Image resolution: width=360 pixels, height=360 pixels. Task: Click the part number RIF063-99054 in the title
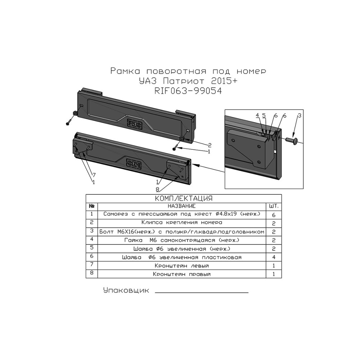[x=188, y=91]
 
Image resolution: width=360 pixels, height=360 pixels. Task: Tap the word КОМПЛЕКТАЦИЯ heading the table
[x=184, y=198]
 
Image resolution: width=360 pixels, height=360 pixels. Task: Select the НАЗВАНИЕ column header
[x=181, y=206]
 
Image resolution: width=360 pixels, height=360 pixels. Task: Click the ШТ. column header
[x=274, y=206]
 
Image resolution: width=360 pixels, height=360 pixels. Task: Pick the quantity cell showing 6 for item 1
[x=274, y=215]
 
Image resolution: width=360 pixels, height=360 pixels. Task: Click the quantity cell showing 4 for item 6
[x=274, y=257]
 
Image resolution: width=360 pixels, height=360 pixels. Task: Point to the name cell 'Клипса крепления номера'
[x=181, y=222]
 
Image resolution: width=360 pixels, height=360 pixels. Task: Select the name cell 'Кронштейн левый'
[x=181, y=266]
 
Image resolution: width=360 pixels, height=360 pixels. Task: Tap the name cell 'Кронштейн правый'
[x=181, y=274]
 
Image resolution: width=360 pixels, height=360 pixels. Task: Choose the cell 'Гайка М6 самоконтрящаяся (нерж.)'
[x=181, y=240]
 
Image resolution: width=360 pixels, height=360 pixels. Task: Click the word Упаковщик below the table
[x=126, y=291]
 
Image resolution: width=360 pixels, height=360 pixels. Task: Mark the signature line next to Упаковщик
[x=202, y=292]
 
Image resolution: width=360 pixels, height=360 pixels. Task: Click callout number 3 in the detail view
[x=299, y=116]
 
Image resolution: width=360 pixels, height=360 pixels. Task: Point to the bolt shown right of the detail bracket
[x=292, y=139]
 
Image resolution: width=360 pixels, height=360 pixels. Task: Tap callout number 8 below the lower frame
[x=157, y=190]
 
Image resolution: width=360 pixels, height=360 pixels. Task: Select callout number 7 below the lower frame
[x=94, y=175]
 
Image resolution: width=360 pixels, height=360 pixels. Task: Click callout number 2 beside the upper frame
[x=210, y=145]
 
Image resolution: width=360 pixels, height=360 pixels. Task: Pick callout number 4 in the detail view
[x=257, y=115]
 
